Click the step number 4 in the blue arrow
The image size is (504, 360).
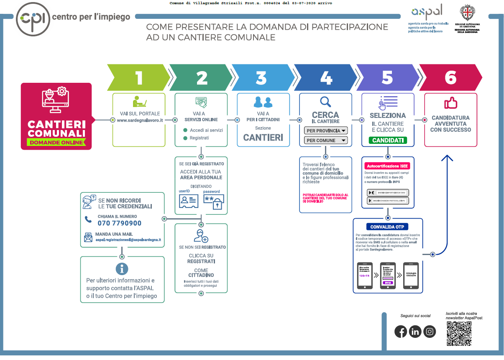(326, 78)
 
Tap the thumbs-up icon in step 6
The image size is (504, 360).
(450, 103)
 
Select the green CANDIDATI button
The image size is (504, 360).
(388, 140)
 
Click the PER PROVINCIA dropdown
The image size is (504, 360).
(326, 131)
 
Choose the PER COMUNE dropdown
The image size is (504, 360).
(326, 140)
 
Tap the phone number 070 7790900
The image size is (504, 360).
(119, 223)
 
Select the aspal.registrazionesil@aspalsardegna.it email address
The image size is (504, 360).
(128, 240)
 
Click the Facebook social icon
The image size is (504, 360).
(401, 332)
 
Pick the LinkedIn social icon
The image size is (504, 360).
(415, 332)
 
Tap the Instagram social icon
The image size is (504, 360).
(430, 332)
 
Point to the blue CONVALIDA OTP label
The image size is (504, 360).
(388, 227)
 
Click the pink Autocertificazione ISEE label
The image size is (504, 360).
(388, 166)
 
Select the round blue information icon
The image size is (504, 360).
(122, 269)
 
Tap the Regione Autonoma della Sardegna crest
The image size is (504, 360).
(467, 13)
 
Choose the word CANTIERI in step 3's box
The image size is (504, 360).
(263, 137)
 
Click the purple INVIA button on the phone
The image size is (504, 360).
(387, 283)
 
